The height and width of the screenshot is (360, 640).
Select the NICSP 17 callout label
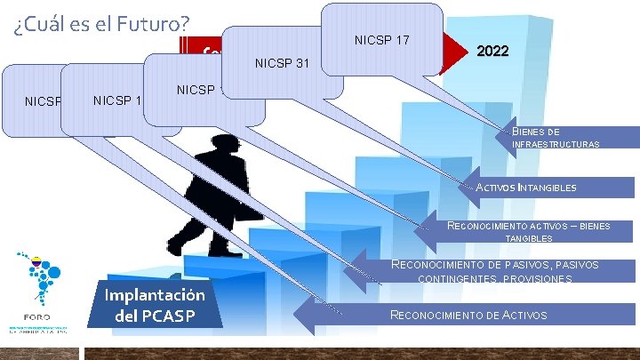point(381,39)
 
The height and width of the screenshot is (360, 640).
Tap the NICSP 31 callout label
point(282,63)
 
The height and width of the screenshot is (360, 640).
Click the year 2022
point(492,52)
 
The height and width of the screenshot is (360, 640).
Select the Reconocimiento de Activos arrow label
point(468,315)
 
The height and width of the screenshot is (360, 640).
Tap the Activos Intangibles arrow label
point(526,188)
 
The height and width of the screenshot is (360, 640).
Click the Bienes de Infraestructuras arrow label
point(556,137)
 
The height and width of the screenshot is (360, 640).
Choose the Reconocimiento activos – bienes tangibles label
point(528,232)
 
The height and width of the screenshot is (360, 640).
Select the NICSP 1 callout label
point(116,100)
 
